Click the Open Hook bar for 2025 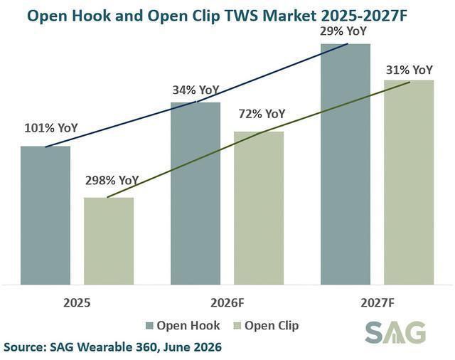[x=45, y=215]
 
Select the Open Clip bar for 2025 [x=109, y=241]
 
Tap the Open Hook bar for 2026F [x=196, y=194]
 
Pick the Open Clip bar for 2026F [x=259, y=208]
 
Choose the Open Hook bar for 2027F [x=346, y=164]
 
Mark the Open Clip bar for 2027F [x=409, y=182]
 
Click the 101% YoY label [x=51, y=128]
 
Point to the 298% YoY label [x=112, y=180]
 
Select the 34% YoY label [x=196, y=90]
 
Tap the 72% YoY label [x=262, y=114]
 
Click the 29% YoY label [x=343, y=31]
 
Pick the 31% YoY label [x=409, y=70]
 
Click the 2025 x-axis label [x=77, y=303]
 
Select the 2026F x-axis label [x=227, y=303]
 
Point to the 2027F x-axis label [x=378, y=303]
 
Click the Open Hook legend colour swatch [x=149, y=326]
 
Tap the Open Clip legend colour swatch [x=237, y=326]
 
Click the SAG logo [x=395, y=332]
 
